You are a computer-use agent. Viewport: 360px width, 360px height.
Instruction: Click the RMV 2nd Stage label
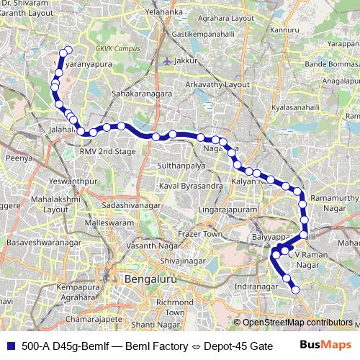107,151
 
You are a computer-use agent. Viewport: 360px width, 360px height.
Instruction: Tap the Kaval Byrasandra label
190,186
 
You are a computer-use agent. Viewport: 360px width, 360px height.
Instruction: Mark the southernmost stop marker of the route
295,289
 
